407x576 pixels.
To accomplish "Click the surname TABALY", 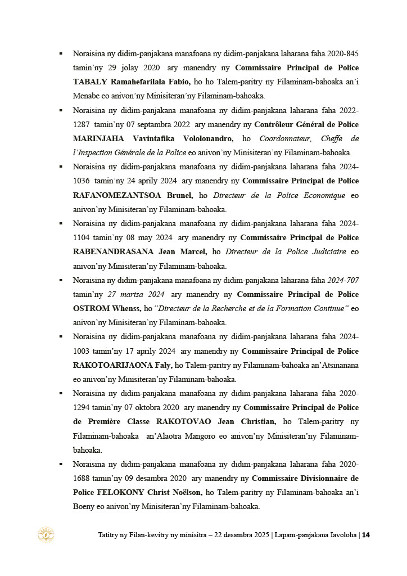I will click(90, 82).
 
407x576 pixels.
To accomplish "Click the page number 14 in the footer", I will click(365, 535).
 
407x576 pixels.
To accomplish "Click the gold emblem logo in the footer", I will click(46, 535).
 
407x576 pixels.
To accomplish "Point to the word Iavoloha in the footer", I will click(340, 535).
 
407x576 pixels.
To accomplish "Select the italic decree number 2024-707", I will click(342, 280).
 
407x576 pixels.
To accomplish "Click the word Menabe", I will click(85, 96).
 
